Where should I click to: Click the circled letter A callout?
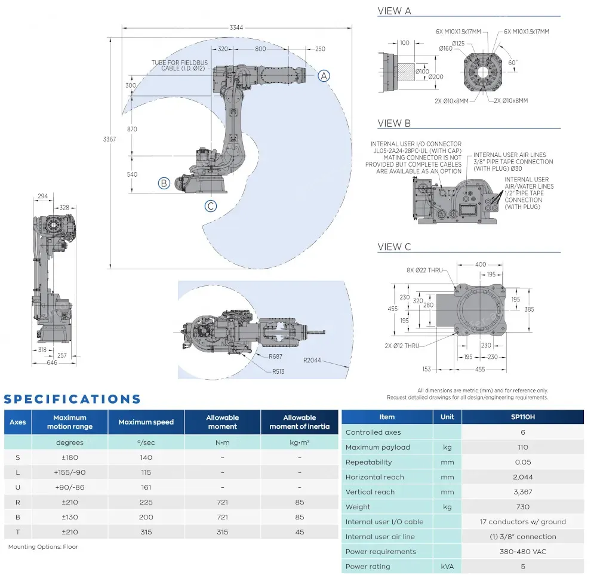[323, 76]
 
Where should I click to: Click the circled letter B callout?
[164, 183]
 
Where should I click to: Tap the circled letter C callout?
[210, 207]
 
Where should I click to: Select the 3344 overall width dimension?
[236, 27]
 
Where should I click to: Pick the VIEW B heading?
[394, 123]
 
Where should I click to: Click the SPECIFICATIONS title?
[72, 399]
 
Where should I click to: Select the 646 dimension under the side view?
[52, 362]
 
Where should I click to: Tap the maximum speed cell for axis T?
[146, 532]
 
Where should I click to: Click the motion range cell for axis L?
[69, 472]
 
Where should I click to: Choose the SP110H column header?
[523, 417]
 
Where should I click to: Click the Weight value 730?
[523, 507]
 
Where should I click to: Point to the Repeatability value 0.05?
[523, 462]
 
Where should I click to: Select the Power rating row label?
[368, 567]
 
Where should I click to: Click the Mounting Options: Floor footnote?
[43, 547]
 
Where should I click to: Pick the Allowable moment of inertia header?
[299, 422]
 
